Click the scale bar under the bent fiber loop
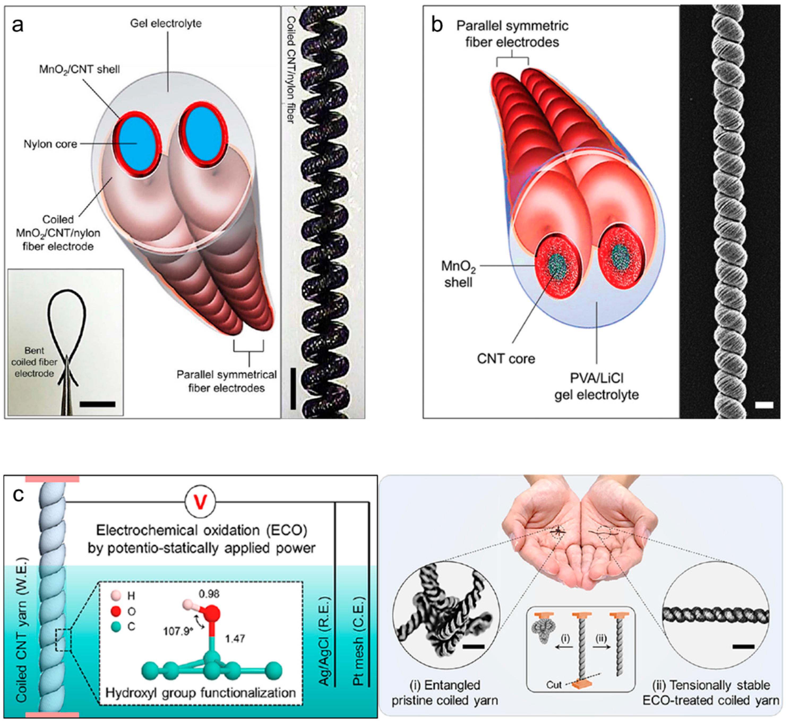point(97,404)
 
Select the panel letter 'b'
point(437,26)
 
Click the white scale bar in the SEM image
point(764,405)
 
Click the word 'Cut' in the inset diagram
point(554,685)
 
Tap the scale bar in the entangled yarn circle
point(473,647)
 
